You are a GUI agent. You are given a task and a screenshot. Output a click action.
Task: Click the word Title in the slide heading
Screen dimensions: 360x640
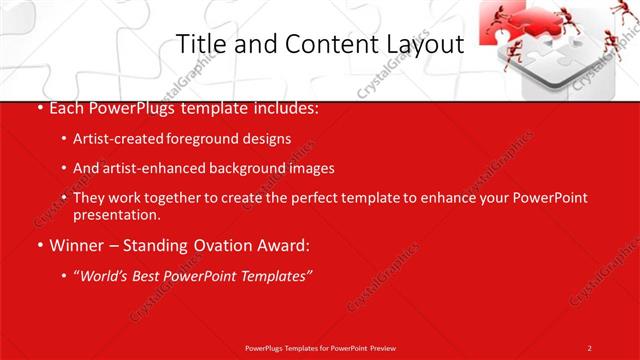tap(198, 45)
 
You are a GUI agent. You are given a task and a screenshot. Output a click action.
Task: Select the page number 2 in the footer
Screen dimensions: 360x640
tap(590, 347)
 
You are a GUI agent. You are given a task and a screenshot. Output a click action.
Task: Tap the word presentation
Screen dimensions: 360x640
tap(116, 215)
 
